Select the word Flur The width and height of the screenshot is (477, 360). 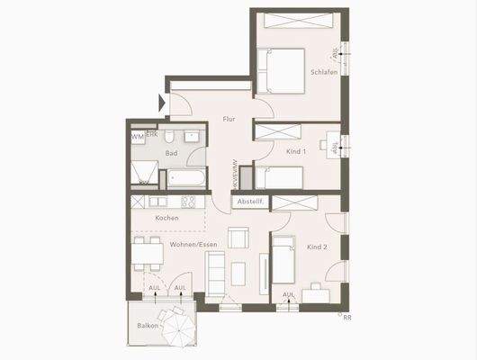[229, 118]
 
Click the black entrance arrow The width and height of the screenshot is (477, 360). [163, 103]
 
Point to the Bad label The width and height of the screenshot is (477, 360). [171, 153]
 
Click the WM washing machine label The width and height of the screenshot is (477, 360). [137, 137]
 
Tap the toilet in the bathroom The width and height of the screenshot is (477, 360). [192, 138]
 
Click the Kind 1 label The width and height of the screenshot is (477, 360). [297, 152]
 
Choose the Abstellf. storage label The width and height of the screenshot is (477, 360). [248, 202]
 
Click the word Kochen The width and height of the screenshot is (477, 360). [166, 218]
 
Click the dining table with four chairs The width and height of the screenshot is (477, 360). [148, 255]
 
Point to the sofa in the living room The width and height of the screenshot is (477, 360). [216, 269]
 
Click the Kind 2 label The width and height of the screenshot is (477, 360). [317, 246]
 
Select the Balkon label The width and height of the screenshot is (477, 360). [148, 325]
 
